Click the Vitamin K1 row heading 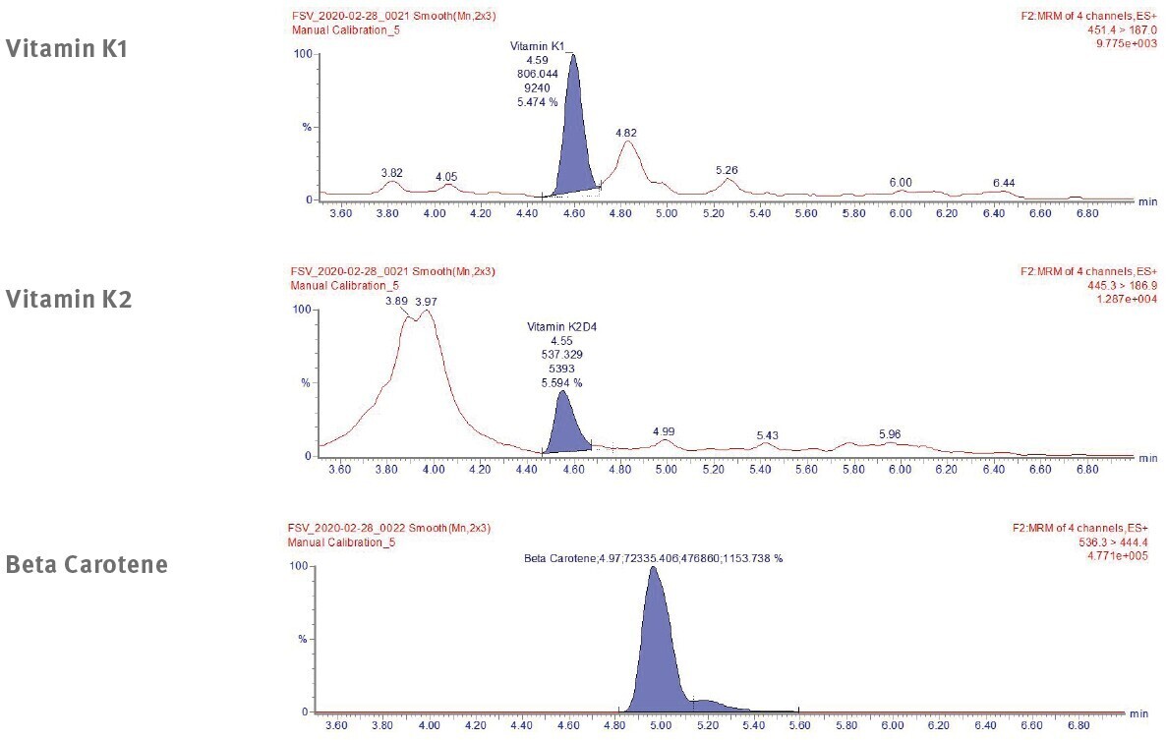pyautogui.click(x=67, y=49)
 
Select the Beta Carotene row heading pyautogui.click(x=86, y=565)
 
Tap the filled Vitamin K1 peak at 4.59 pyautogui.click(x=574, y=138)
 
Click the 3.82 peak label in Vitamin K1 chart pyautogui.click(x=392, y=173)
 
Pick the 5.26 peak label pyautogui.click(x=727, y=170)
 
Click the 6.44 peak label pyautogui.click(x=1004, y=183)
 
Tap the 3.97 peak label pyautogui.click(x=428, y=301)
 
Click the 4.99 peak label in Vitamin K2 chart pyautogui.click(x=665, y=431)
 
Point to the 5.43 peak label pyautogui.click(x=767, y=435)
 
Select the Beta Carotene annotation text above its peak pyautogui.click(x=653, y=558)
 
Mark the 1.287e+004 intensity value pyautogui.click(x=1131, y=298)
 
